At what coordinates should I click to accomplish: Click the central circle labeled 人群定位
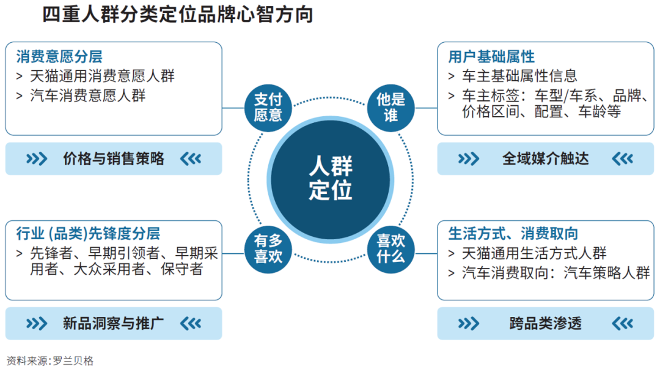(330, 177)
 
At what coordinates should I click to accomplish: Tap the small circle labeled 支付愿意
(268, 106)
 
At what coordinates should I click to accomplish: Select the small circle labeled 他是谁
(391, 106)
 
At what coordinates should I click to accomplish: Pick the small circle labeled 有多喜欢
(268, 248)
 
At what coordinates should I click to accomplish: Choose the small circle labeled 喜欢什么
(391, 248)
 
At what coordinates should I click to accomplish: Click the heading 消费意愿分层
(59, 57)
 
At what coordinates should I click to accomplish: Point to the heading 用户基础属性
(491, 57)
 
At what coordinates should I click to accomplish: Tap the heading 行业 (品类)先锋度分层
(88, 233)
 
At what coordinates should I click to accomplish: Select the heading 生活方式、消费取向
(513, 234)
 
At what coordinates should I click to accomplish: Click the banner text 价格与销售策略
(114, 159)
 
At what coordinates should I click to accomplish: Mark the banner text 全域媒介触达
(545, 159)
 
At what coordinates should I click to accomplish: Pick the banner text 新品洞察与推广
(114, 323)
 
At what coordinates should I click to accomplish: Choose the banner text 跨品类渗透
(545, 323)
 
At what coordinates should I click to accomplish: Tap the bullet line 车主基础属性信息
(519, 76)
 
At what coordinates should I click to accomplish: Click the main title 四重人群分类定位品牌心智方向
(178, 15)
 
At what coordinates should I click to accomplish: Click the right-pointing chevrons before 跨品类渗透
(469, 323)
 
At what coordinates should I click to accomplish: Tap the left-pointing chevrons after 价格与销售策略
(191, 159)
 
